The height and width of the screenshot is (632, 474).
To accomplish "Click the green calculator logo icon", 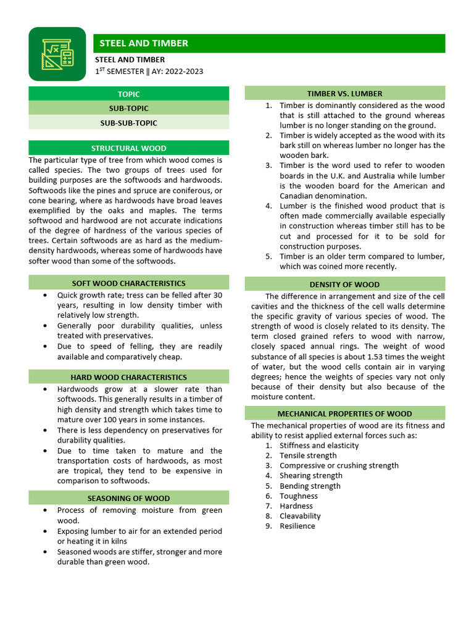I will click(57, 54).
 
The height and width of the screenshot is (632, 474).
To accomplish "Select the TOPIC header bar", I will click(128, 94).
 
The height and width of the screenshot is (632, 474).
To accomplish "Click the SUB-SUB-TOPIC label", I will click(128, 123).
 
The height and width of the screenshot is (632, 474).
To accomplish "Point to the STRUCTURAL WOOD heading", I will click(128, 148).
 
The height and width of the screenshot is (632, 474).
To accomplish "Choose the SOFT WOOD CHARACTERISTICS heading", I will click(128, 283).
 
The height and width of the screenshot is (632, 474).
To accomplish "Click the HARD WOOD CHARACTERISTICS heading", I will click(128, 377).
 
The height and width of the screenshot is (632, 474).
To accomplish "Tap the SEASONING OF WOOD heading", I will click(128, 498).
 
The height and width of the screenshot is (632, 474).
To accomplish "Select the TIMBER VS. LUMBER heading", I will click(344, 93).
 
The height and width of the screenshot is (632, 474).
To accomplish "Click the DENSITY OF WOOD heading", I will click(344, 285).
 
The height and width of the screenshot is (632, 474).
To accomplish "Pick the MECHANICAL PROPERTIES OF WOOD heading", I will click(344, 414).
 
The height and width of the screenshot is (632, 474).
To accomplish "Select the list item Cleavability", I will click(300, 516).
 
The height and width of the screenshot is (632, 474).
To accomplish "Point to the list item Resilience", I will click(297, 526).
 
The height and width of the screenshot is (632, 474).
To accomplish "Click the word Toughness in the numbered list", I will click(299, 496).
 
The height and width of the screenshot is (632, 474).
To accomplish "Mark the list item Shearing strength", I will click(310, 475).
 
